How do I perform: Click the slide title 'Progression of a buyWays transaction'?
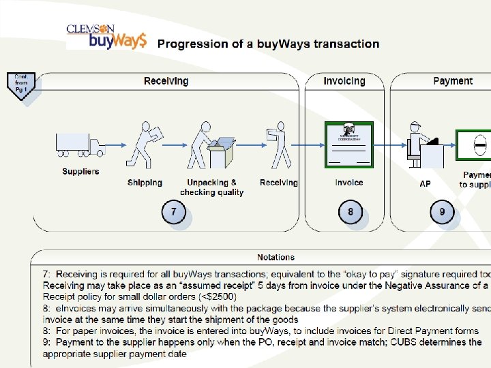click(x=269, y=44)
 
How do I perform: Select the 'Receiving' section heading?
click(x=166, y=81)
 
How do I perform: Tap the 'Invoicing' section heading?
click(x=344, y=81)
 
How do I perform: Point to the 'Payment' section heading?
click(x=453, y=81)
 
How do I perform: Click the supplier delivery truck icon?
click(x=80, y=144)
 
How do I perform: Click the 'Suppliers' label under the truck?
click(x=80, y=172)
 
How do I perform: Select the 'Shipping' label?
click(x=145, y=183)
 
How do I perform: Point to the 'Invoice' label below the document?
click(x=349, y=183)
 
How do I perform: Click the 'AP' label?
click(x=425, y=184)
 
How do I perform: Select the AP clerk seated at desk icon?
click(x=423, y=144)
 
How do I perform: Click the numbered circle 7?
click(x=173, y=213)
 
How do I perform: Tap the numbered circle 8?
click(x=351, y=213)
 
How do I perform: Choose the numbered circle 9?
click(x=442, y=213)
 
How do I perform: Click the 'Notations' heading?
click(x=276, y=258)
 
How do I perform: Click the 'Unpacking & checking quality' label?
click(x=211, y=187)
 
